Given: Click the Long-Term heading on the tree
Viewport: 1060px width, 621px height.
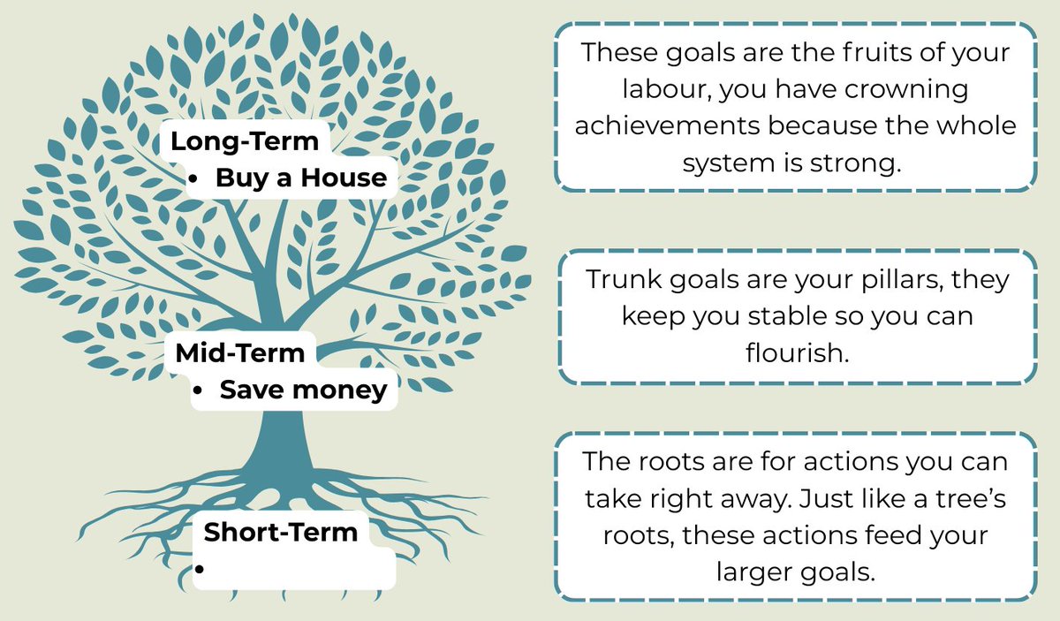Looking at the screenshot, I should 244,141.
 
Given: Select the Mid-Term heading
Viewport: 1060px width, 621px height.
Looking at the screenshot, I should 239,353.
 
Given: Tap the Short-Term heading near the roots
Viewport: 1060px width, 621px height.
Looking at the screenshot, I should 280,533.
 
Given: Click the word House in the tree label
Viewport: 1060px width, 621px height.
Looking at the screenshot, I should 344,178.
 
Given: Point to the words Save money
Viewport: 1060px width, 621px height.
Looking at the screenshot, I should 303,390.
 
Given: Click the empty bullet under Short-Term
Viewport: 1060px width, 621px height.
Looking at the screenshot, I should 200,570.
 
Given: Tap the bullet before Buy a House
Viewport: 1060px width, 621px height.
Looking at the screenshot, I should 193,179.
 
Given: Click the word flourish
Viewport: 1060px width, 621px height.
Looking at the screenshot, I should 796,352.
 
